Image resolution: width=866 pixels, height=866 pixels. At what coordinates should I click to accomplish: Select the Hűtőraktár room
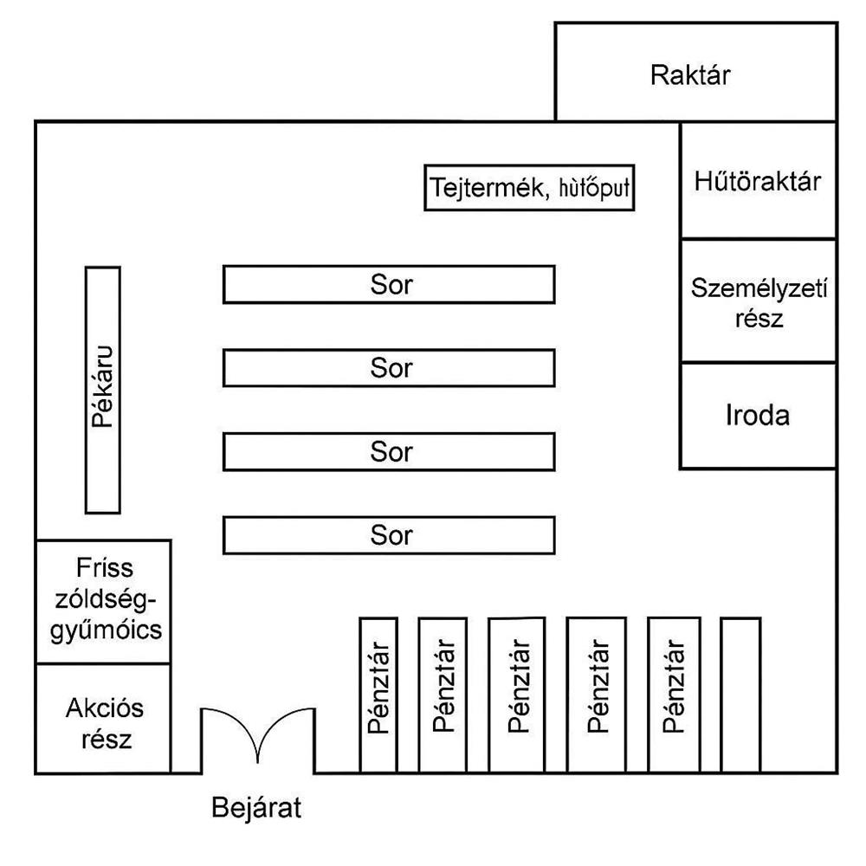(758, 181)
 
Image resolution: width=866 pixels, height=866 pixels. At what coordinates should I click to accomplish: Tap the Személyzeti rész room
(758, 301)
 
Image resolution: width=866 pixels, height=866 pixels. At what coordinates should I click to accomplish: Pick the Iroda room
(758, 416)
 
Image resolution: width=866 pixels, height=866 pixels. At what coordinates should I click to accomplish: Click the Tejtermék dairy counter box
(529, 187)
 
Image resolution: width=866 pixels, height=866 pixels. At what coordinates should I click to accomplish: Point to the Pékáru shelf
(102, 390)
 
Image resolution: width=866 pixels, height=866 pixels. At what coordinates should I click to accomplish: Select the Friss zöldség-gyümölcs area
(102, 602)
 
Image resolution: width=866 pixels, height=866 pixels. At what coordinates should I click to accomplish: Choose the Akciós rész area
(102, 719)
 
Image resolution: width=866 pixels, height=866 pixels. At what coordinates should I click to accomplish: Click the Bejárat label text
(257, 809)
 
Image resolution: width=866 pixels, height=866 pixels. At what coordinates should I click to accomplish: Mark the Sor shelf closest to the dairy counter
(389, 285)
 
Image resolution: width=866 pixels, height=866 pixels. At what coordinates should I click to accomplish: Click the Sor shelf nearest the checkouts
(389, 535)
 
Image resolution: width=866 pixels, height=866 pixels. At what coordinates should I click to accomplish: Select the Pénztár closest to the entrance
(378, 694)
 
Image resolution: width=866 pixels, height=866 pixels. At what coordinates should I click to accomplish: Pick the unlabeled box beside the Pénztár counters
(740, 694)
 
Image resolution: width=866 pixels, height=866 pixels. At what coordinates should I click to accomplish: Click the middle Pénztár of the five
(517, 694)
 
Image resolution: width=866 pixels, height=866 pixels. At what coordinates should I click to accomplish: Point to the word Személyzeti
(759, 288)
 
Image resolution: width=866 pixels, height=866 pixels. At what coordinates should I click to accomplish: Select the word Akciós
(104, 709)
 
